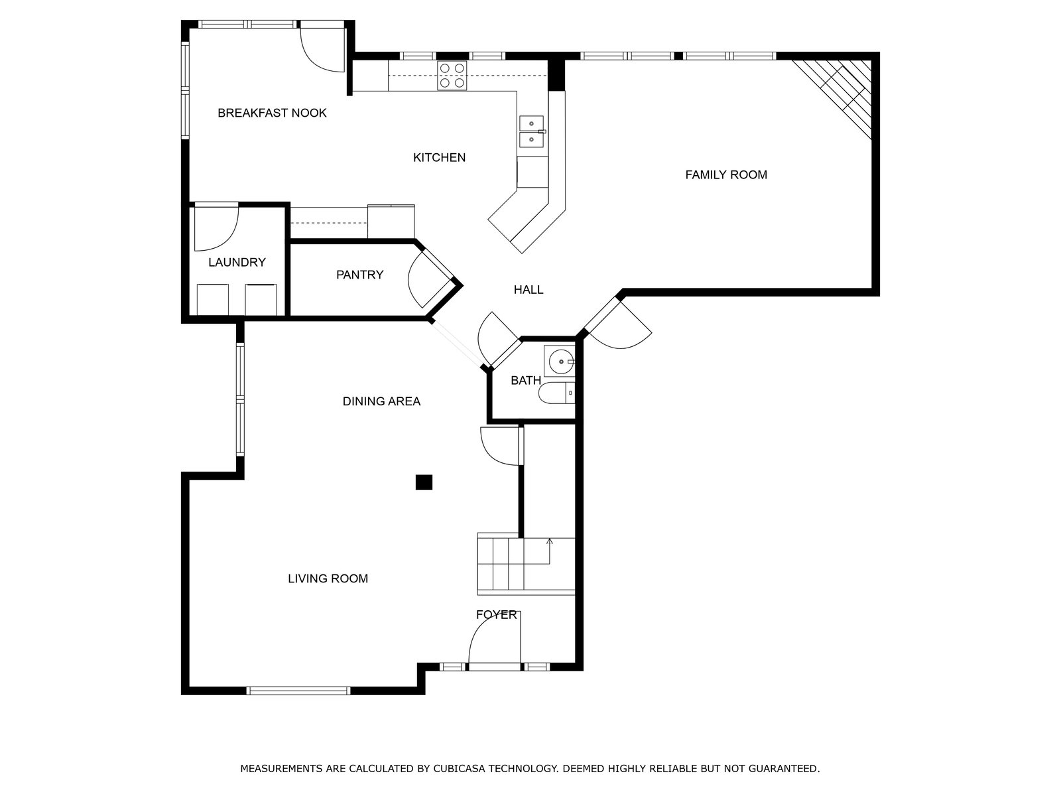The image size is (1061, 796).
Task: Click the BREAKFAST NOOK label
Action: pos(272,113)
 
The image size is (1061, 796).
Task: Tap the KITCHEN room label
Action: pos(440,158)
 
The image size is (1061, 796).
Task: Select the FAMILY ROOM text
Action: pos(726,175)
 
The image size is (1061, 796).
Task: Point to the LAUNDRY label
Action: pos(237,263)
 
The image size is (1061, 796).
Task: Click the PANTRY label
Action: pos(359,275)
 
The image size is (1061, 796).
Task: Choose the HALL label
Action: pos(529,290)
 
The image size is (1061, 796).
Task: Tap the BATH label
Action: pos(526,381)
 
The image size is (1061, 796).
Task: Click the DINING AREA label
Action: pos(381,401)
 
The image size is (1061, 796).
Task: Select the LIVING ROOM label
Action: pos(328,579)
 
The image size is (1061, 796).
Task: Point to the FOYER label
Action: pos(497,616)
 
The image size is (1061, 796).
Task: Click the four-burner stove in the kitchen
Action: pos(452,76)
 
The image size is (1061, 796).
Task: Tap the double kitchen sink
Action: pos(532,131)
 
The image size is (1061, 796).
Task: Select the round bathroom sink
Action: pos(560,361)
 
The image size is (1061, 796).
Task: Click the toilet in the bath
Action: pos(556,393)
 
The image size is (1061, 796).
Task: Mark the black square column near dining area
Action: pos(424,482)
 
